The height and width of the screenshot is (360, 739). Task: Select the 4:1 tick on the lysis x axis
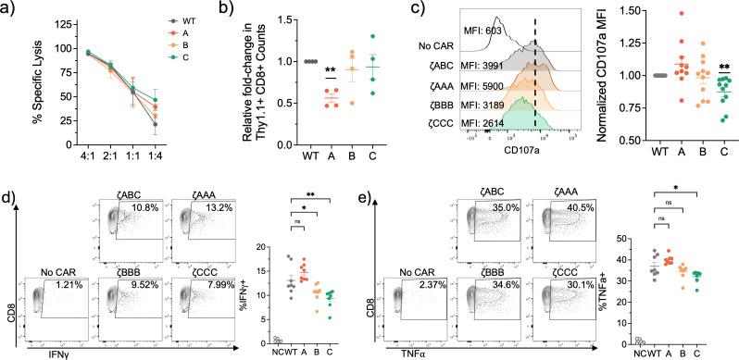(62, 170)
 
